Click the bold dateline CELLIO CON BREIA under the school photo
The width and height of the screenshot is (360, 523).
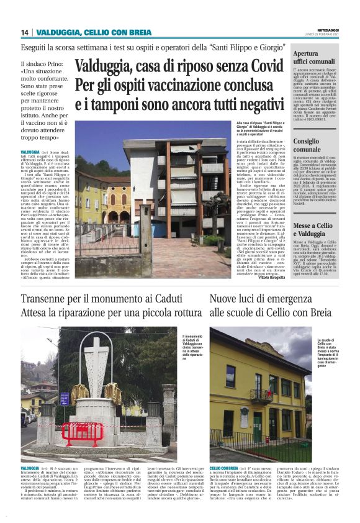pos(224,468)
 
